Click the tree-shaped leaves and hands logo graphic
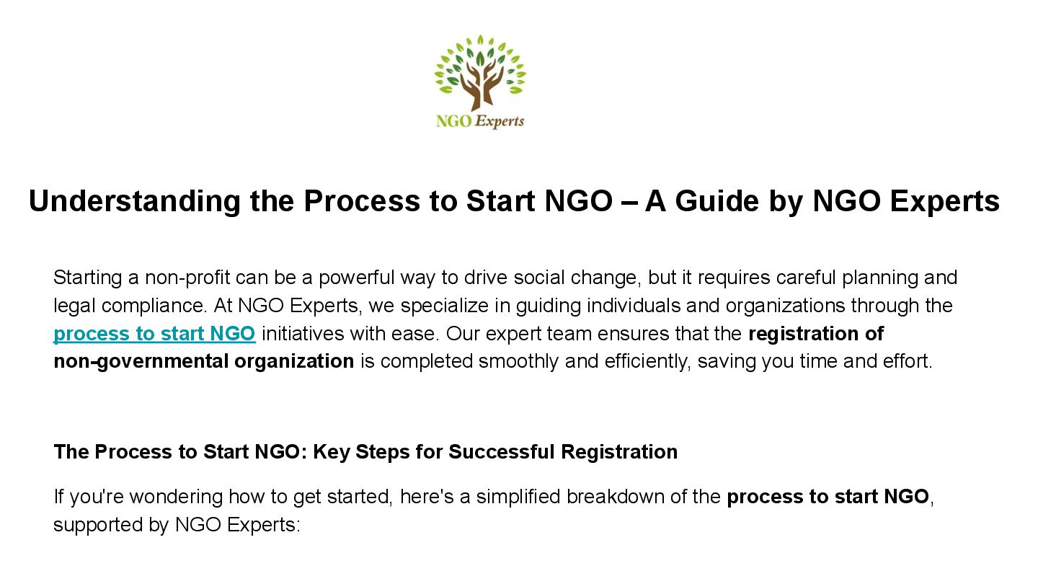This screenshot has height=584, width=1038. (480, 73)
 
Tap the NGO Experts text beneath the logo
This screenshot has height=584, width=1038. (480, 121)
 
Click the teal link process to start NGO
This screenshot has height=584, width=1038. (154, 334)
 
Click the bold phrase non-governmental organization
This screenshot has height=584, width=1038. (203, 361)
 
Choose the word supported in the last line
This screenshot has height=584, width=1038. (98, 525)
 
